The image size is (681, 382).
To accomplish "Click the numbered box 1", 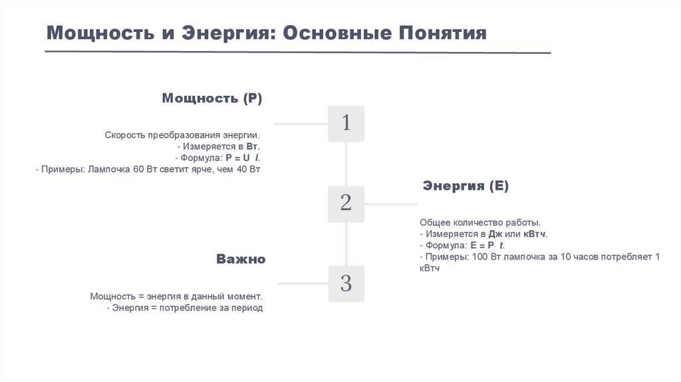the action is click(346, 123).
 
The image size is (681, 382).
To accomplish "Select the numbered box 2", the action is click(346, 204).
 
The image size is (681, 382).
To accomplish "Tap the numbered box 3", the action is click(346, 284).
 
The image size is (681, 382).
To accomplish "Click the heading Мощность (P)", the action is click(212, 98).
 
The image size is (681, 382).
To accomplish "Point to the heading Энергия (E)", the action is click(466, 186).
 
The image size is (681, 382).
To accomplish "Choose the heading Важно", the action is click(241, 259).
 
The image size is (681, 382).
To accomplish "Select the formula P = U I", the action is click(243, 158).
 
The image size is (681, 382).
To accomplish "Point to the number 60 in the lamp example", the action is click(138, 170).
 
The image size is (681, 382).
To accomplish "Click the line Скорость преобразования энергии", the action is click(182, 134).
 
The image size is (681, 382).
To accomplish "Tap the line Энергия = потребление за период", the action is click(188, 308).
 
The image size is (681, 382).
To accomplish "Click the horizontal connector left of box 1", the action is click(301, 124).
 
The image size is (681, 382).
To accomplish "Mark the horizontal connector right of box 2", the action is click(391, 204).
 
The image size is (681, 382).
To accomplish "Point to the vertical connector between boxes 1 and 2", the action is click(346, 164).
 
